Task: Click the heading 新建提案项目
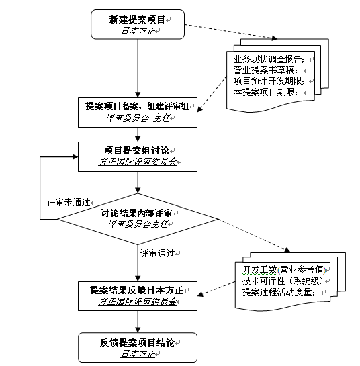point(137,19)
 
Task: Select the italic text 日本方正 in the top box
point(138,31)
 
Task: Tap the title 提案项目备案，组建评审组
point(137,106)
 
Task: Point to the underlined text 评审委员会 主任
point(138,118)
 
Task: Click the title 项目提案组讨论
point(136,150)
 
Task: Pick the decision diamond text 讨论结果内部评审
point(136,213)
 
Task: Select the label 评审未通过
point(69,202)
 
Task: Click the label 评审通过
point(158,253)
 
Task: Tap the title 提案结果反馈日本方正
point(137,290)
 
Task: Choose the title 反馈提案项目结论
point(137,342)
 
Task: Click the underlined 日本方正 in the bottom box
point(138,354)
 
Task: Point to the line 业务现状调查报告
point(269,59)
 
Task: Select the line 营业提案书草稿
point(266,70)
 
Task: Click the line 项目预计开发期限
point(269,81)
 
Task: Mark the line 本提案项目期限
point(266,92)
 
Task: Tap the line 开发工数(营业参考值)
point(284,269)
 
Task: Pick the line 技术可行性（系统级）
point(283,281)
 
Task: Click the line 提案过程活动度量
point(279,292)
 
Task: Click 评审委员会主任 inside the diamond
point(138,224)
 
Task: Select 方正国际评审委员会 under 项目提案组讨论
point(138,162)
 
